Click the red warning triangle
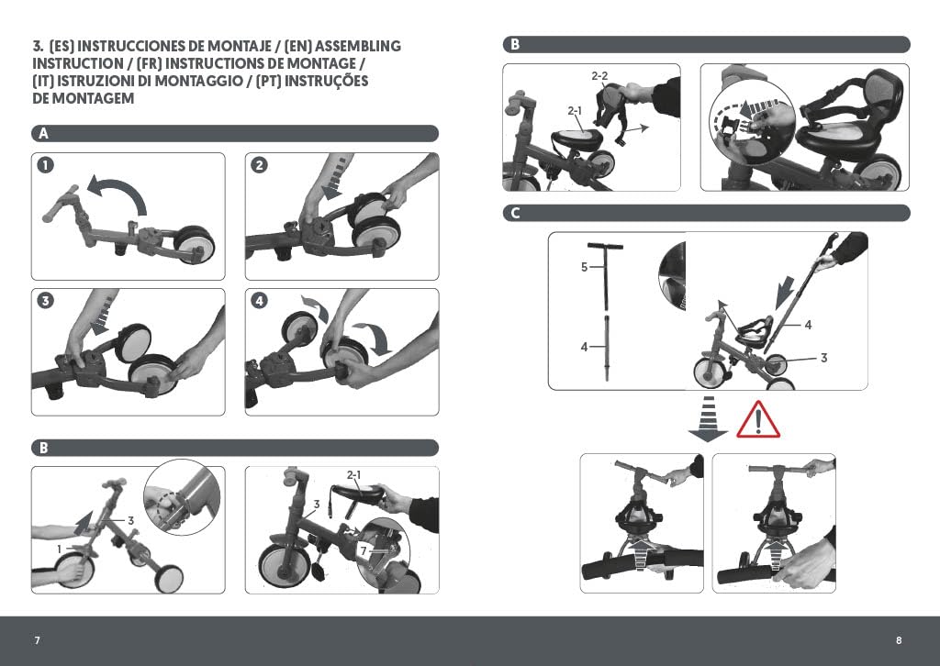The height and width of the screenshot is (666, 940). pos(758,420)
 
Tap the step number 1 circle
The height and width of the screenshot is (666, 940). pos(46,165)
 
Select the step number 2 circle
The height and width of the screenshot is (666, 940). pos(259,165)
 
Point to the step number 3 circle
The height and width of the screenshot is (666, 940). pos(46,300)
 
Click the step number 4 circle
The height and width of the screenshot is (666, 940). pos(259,300)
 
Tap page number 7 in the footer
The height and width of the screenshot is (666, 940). pos(37,640)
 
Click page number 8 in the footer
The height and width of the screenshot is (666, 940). pos(899,640)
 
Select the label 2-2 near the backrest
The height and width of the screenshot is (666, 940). pos(599,76)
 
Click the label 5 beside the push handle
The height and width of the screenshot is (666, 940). pos(585,267)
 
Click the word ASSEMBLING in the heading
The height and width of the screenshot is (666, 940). pos(358,46)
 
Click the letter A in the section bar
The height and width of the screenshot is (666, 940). pos(43,134)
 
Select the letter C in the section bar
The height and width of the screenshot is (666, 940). pos(516,213)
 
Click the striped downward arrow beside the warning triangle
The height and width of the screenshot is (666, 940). pos(708,418)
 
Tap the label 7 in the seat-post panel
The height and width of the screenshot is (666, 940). pos(364,550)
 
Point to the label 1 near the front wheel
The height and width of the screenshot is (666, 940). pos(59,549)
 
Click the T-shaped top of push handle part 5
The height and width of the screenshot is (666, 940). pos(606,246)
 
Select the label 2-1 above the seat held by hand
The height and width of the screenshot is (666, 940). pos(354,475)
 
